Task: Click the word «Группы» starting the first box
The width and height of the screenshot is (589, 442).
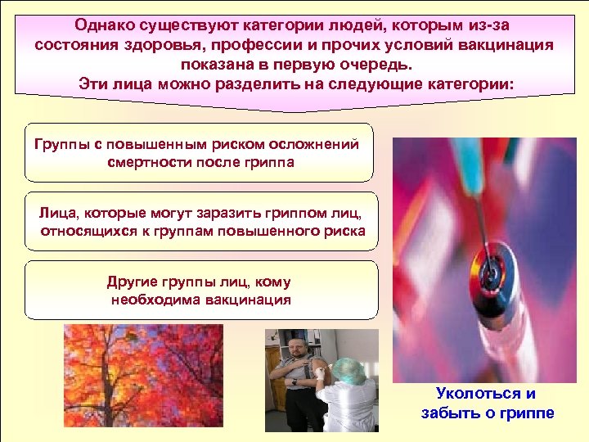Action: click(x=60, y=145)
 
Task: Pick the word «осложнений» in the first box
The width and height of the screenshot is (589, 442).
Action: click(x=314, y=145)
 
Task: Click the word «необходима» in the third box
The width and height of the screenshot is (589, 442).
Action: click(x=150, y=300)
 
